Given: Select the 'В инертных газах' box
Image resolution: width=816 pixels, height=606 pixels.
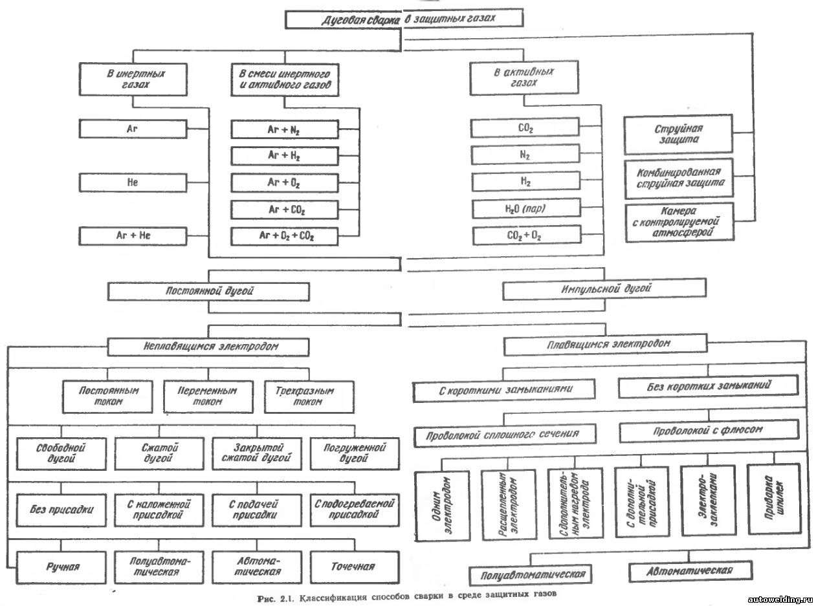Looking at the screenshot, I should coord(133,79).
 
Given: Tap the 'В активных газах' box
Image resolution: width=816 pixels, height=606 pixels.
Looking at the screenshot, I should coord(522,78).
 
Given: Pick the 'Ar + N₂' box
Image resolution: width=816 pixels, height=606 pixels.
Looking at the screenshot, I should coord(284,129).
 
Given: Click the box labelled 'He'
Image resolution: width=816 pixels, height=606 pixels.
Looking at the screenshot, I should coord(133,182).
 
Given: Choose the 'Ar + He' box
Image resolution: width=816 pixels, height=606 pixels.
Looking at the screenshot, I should coord(133,235).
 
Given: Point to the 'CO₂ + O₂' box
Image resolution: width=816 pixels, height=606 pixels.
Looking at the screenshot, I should coord(525,236).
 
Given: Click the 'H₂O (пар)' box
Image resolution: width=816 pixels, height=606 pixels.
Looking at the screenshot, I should coord(525,210).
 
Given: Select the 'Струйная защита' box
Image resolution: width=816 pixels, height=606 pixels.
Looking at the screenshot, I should coord(678,134).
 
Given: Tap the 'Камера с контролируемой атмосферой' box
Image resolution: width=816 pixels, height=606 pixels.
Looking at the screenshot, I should coord(678,222).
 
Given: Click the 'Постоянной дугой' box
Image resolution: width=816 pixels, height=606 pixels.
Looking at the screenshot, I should coord(208,291).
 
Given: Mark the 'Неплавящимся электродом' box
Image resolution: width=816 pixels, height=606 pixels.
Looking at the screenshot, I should coord(208,347).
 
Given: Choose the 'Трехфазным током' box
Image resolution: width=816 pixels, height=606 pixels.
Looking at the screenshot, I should coord(309,396).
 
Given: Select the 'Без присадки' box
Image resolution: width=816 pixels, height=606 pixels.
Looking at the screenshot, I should coord(61,509).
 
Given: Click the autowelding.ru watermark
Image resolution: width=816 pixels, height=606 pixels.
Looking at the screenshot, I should coord(780,600).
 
